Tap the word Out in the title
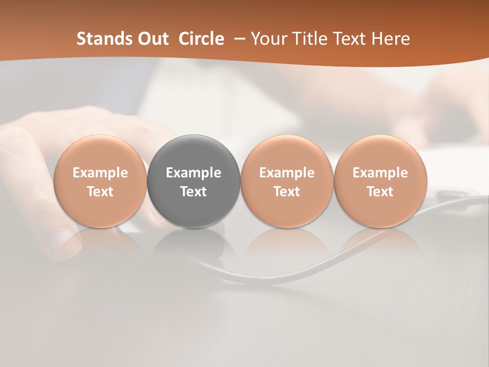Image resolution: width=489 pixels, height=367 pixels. tap(152, 39)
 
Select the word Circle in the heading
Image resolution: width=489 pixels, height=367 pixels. tap(201, 39)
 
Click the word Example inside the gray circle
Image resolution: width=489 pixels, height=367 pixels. tap(194, 173)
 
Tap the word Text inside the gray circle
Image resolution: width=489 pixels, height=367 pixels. tap(194, 192)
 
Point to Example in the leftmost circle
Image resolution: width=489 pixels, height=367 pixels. tap(100, 173)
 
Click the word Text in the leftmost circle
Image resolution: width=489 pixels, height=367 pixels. tap(100, 192)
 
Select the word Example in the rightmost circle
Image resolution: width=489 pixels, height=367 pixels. tap(381, 173)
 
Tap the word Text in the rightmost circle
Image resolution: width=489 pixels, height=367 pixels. tap(381, 192)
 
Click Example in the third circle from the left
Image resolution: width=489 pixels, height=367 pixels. tap(287, 173)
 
